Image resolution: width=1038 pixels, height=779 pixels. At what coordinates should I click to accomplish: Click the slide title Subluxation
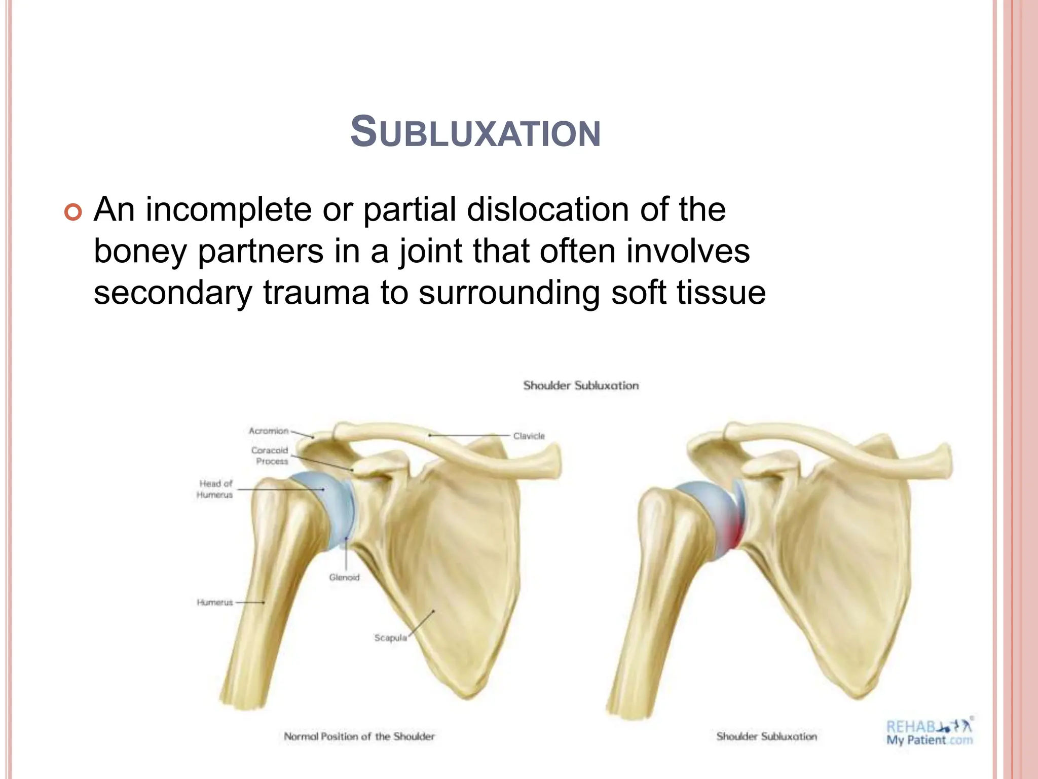(475, 132)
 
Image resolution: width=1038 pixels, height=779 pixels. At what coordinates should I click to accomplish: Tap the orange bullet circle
(73, 212)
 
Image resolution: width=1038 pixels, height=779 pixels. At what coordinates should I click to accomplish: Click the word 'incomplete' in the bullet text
(228, 209)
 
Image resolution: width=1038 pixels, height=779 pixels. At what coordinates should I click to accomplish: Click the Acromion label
(268, 431)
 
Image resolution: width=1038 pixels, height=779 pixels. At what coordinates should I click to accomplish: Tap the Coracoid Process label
(270, 455)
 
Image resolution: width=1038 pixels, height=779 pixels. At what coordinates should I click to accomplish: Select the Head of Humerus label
(215, 489)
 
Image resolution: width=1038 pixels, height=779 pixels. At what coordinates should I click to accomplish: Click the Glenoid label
(344, 577)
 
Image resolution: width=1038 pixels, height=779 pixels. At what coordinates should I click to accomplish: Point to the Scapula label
(390, 638)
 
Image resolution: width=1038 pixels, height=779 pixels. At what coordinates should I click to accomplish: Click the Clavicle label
(529, 436)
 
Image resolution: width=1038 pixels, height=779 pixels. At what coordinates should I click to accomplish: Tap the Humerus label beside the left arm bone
(215, 602)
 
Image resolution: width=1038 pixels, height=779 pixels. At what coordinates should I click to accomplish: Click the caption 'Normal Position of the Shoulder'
(359, 736)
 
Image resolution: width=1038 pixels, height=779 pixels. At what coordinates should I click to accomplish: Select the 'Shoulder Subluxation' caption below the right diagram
(766, 736)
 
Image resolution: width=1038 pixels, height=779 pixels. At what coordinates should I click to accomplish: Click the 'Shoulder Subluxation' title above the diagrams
(581, 385)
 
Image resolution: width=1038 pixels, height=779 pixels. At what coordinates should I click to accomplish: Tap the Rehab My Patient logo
(929, 732)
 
